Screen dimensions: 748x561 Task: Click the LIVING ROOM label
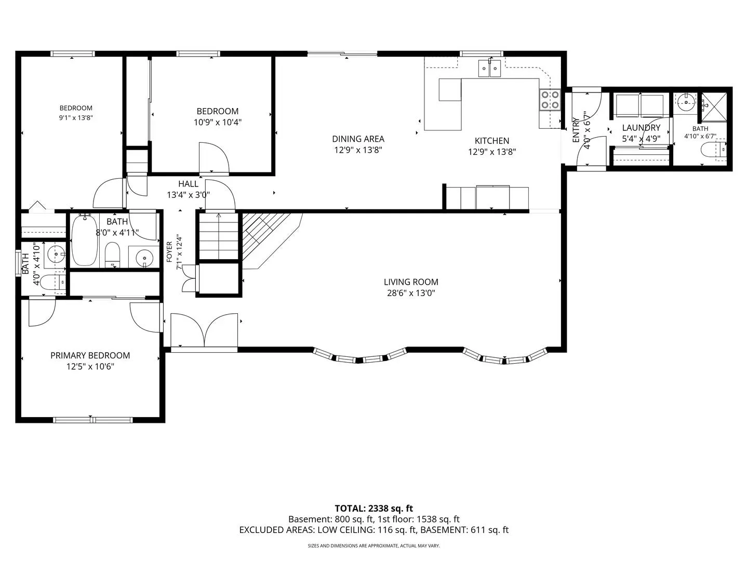pos(411,282)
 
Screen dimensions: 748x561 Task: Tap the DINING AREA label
pos(358,139)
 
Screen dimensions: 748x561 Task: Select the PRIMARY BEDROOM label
pos(90,355)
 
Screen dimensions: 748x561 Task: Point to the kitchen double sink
pos(489,68)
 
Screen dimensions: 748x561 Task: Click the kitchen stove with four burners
pos(550,99)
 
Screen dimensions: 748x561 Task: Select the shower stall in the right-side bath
pos(714,107)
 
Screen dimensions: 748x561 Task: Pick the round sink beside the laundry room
pos(686,101)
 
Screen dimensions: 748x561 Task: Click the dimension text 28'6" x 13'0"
pos(411,293)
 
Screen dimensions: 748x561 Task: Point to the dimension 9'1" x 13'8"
pos(76,118)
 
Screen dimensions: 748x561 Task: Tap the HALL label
pos(188,184)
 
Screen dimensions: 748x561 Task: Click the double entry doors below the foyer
pos(204,330)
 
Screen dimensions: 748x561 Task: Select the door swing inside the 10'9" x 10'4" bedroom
pos(214,157)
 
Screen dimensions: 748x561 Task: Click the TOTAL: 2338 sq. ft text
pos(373,509)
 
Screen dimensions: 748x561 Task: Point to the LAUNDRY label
pos(641,128)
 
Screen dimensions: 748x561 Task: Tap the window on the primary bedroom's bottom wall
pos(92,420)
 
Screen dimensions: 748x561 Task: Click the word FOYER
pos(169,252)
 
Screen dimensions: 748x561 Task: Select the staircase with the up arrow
pos(219,236)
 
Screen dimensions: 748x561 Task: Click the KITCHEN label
pos(492,141)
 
